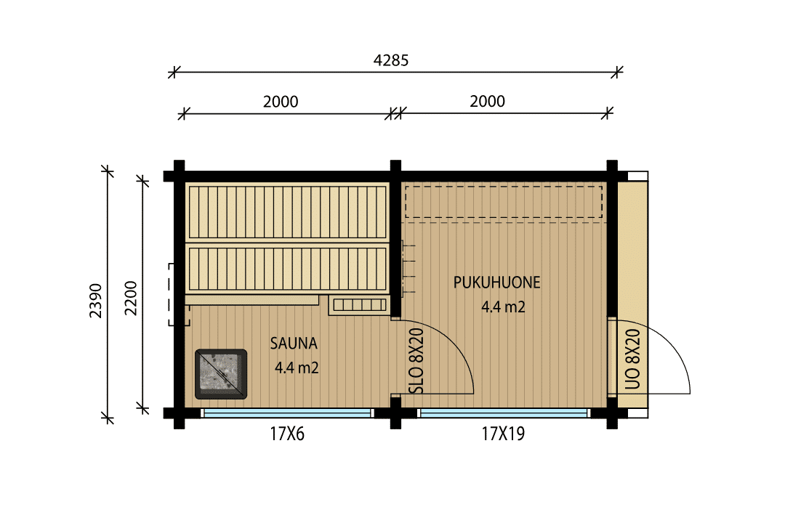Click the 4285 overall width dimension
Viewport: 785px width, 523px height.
pyautogui.click(x=391, y=60)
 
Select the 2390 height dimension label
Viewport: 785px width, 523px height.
pyautogui.click(x=96, y=301)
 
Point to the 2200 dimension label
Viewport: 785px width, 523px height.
pyautogui.click(x=131, y=299)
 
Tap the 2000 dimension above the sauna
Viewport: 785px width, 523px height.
pyautogui.click(x=281, y=102)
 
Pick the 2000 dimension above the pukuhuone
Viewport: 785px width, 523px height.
pyautogui.click(x=487, y=102)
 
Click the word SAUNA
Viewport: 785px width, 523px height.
pyautogui.click(x=294, y=344)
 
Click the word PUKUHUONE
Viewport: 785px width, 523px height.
pyautogui.click(x=497, y=283)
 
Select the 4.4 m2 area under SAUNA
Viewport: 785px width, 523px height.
pyautogui.click(x=297, y=368)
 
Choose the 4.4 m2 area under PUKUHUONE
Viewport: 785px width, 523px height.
pyautogui.click(x=504, y=307)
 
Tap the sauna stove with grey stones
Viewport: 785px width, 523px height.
pyautogui.click(x=221, y=374)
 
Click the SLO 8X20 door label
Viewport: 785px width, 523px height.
pyautogui.click(x=416, y=361)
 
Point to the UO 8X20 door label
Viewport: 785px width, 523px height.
pyautogui.click(x=633, y=359)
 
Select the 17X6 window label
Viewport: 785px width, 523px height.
pyautogui.click(x=287, y=434)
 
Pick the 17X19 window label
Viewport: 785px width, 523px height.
pyautogui.click(x=503, y=434)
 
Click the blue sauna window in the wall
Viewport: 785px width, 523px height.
pyautogui.click(x=287, y=413)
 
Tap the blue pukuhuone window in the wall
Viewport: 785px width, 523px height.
pyautogui.click(x=504, y=413)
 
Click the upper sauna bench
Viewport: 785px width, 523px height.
pyautogui.click(x=287, y=212)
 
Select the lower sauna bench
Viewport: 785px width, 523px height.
pyautogui.click(x=287, y=269)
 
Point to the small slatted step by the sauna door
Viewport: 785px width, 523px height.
pyautogui.click(x=360, y=305)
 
